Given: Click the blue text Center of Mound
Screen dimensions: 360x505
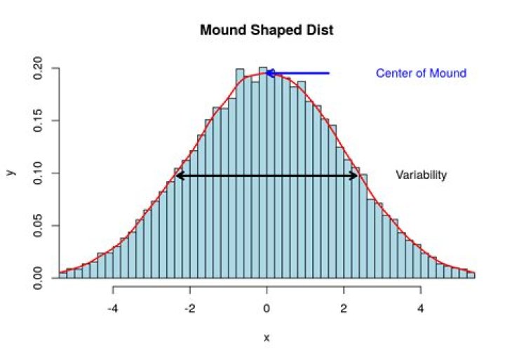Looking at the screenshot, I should pyautogui.click(x=421, y=73).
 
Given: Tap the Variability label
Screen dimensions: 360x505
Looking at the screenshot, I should pyautogui.click(x=421, y=175).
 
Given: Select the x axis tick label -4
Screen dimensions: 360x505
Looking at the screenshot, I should pyautogui.click(x=112, y=308).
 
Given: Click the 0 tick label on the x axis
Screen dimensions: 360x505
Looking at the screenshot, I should pyautogui.click(x=267, y=308).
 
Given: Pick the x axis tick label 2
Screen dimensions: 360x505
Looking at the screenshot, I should pyautogui.click(x=343, y=308).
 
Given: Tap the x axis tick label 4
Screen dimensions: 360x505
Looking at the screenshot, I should pyautogui.click(x=420, y=308).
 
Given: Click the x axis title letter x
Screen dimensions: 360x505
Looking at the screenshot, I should pyautogui.click(x=267, y=338).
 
